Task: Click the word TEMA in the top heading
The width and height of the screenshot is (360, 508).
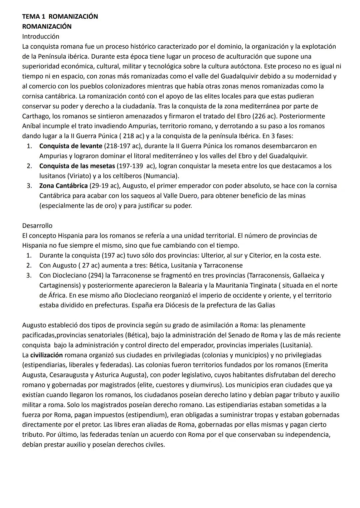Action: pos(30,16)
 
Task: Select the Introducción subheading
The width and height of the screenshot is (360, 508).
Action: pos(40,36)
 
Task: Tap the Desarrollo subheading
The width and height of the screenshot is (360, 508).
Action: pos(37,226)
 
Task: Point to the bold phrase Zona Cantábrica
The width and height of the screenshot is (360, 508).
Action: pos(63,186)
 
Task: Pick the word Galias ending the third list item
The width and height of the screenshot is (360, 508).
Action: pos(266,305)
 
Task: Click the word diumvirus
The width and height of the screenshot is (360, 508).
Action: pos(206,385)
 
